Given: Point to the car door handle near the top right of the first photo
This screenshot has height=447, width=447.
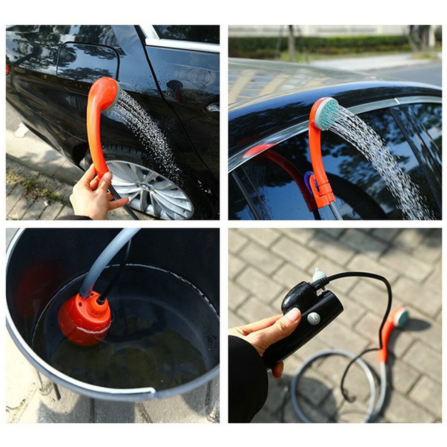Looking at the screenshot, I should pos(213,107).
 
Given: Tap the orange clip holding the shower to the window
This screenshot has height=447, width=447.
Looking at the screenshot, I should pos(323,192).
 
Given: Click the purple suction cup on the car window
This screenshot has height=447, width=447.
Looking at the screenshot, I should pos(308,179).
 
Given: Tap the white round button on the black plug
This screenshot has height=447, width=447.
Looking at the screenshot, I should pos(313,318).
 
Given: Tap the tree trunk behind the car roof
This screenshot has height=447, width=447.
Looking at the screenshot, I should pos(291,42).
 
